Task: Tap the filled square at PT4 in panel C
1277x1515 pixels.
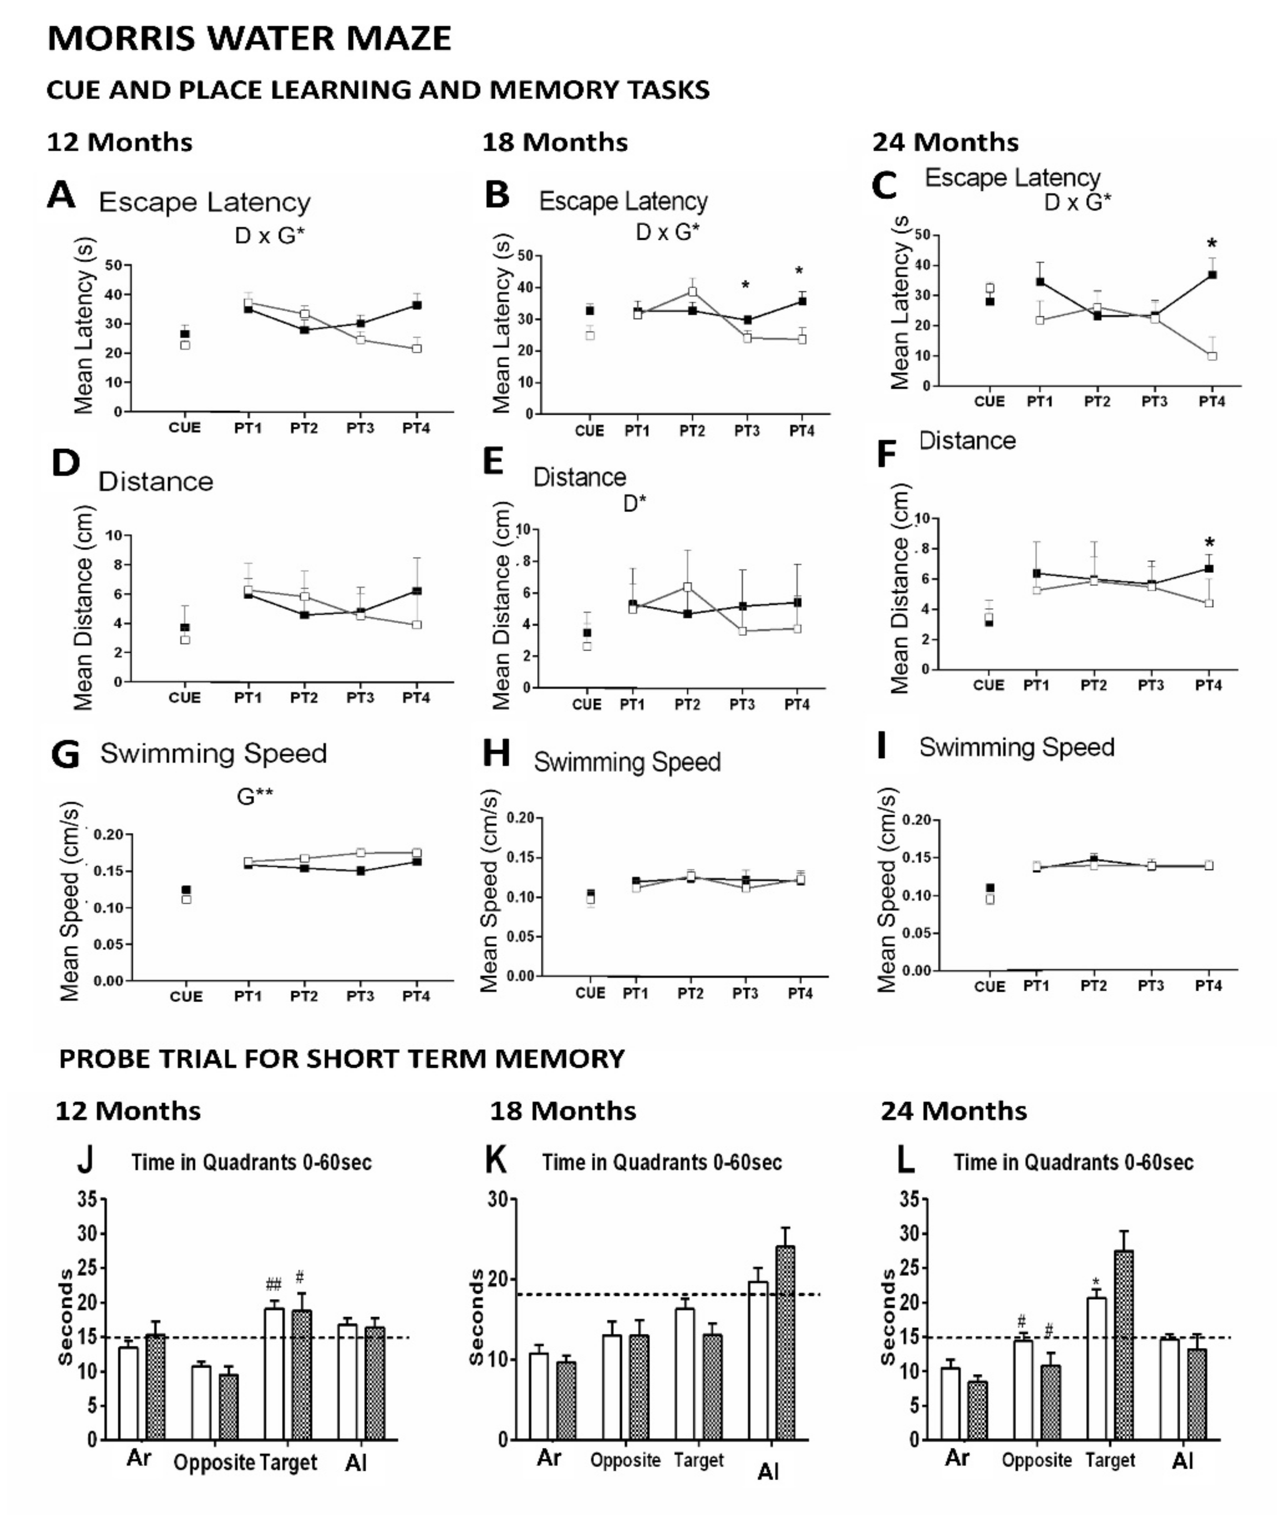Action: (x=1212, y=275)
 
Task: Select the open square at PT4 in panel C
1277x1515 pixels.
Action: (x=1212, y=356)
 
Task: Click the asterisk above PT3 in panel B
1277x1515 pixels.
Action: (x=746, y=285)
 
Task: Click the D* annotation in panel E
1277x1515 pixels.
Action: (x=635, y=503)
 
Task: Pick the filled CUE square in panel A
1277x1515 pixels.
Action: (x=186, y=334)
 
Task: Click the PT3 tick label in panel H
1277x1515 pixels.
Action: (x=745, y=993)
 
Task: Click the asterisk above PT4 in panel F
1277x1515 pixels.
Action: (x=1209, y=543)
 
